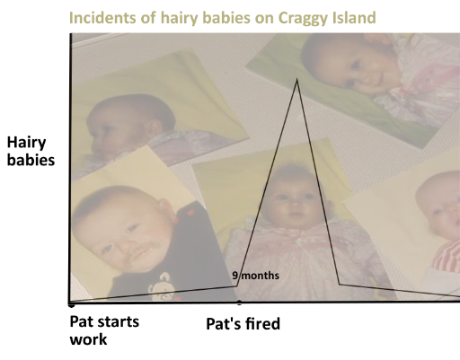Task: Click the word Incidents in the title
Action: [100, 18]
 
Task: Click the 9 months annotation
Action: [256, 276]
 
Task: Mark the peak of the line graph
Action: [296, 79]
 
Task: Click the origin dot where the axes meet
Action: [71, 303]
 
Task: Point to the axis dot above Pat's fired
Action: [238, 303]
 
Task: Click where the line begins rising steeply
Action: [238, 285]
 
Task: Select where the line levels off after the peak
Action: [339, 284]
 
